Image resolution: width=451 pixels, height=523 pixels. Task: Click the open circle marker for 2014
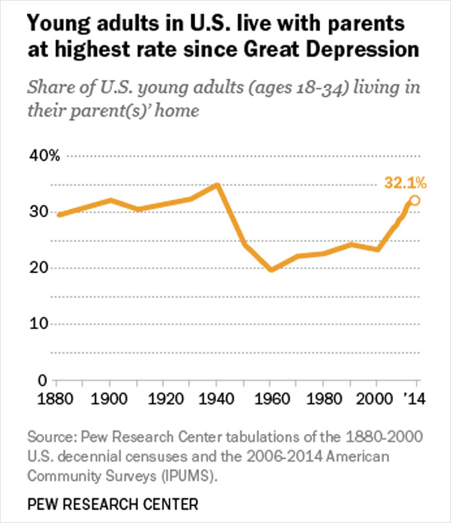[x=415, y=200]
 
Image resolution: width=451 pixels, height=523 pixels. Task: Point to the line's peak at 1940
[x=218, y=185]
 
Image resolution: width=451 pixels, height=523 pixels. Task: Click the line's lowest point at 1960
[x=272, y=270]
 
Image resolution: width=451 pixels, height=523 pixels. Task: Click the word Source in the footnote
[x=50, y=437]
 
